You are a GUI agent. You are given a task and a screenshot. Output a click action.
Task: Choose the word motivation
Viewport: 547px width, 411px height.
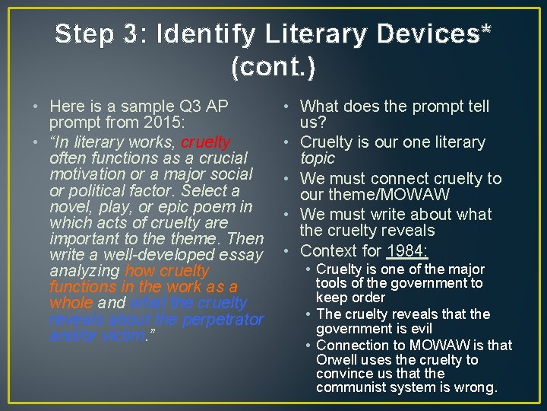[x=86, y=174]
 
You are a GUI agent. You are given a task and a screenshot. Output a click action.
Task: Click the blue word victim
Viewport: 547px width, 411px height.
[x=122, y=335]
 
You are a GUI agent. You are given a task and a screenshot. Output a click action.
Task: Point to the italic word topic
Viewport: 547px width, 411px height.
[x=318, y=158]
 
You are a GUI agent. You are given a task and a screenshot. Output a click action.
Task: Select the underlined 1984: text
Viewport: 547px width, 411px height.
[x=408, y=250]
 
